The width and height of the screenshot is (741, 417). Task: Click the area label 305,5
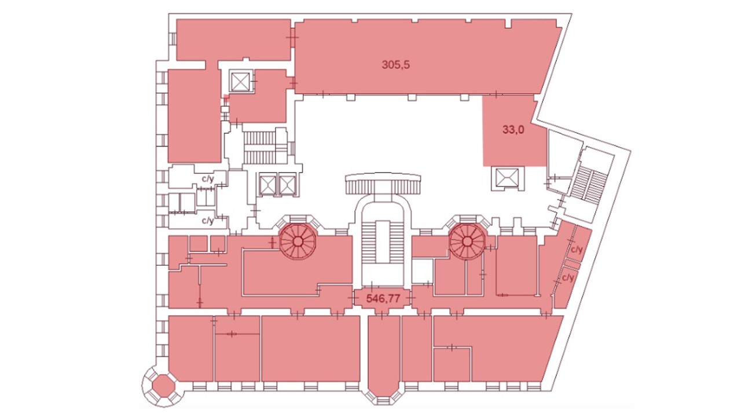pyautogui.click(x=395, y=64)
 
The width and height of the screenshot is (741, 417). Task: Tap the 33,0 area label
pyautogui.click(x=513, y=129)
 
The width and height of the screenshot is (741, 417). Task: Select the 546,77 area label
pyautogui.click(x=383, y=299)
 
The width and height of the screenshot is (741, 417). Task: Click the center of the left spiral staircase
pyautogui.click(x=298, y=242)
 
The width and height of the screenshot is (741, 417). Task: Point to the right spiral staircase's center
pyautogui.click(x=467, y=242)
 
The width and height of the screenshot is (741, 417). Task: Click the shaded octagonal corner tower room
pyautogui.click(x=163, y=386)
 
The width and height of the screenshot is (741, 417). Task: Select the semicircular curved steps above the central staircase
pyautogui.click(x=383, y=183)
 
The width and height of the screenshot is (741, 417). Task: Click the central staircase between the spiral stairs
pyautogui.click(x=383, y=245)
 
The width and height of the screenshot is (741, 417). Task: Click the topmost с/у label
pyautogui.click(x=208, y=179)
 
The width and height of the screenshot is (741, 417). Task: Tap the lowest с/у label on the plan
pyautogui.click(x=568, y=278)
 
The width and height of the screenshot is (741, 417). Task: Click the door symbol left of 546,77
pyautogui.click(x=353, y=298)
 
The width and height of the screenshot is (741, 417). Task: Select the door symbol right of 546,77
pyautogui.click(x=411, y=298)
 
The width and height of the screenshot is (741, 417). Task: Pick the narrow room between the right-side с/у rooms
pyautogui.click(x=573, y=264)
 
